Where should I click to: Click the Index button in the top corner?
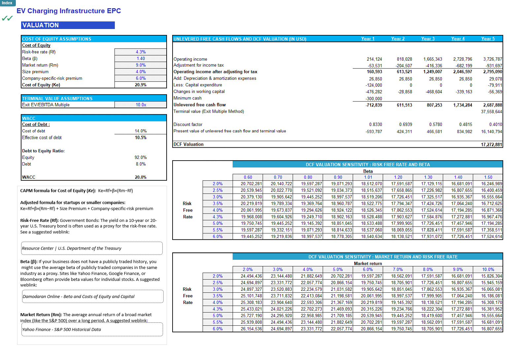pos(7,3)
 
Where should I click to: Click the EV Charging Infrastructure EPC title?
pos(69,11)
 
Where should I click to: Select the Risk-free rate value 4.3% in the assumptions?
pos(141,52)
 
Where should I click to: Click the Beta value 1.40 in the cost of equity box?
pos(141,59)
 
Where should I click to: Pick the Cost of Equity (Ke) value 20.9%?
pos(141,85)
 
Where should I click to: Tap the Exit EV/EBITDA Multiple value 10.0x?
pos(141,105)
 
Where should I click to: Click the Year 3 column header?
pos(428,39)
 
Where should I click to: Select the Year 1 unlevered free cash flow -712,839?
pos(374,105)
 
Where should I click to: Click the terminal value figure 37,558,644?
pos(491,112)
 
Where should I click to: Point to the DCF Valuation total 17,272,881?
pos(491,145)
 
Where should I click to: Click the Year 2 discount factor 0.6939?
pos(406,125)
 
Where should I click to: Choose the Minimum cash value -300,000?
pos(374,99)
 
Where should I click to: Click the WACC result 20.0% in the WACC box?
pos(141,177)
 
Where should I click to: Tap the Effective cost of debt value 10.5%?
pos(141,138)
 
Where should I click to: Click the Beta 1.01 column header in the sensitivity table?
pos(368,177)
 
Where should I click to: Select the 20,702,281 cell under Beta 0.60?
pos(251,184)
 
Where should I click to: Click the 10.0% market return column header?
pos(488,270)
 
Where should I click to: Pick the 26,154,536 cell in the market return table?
pos(251,329)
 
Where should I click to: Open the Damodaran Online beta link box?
pos(92,296)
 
